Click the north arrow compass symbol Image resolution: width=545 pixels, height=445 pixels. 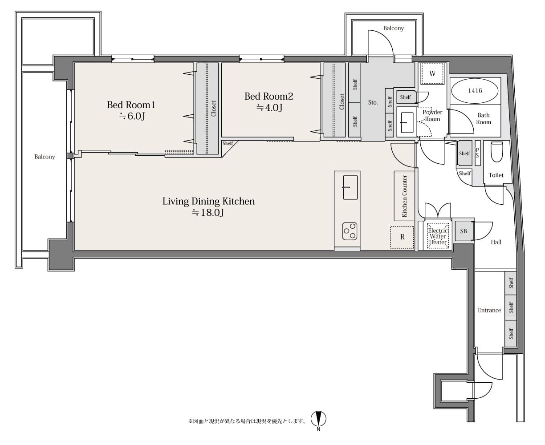pyautogui.click(x=318, y=419)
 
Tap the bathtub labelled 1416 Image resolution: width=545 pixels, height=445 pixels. pyautogui.click(x=475, y=91)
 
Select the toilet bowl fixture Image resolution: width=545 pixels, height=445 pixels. pyautogui.click(x=496, y=151)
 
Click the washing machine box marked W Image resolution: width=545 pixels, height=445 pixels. pyautogui.click(x=432, y=73)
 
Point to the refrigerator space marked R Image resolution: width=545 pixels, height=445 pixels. pyautogui.click(x=402, y=237)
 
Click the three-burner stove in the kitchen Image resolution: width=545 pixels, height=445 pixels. pyautogui.click(x=350, y=231)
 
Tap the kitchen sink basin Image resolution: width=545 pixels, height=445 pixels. pyautogui.click(x=350, y=187)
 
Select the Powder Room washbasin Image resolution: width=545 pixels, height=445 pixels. pyautogui.click(x=407, y=122)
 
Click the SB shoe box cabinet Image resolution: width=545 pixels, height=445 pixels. pyautogui.click(x=464, y=231)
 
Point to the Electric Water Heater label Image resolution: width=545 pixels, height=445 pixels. pyautogui.click(x=438, y=236)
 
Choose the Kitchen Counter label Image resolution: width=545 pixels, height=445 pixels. pyautogui.click(x=404, y=196)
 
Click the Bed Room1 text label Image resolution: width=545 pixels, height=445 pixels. pyautogui.click(x=131, y=105)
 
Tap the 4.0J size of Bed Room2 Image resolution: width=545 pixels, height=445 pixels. pyautogui.click(x=269, y=108)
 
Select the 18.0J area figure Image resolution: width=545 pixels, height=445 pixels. pyautogui.click(x=208, y=213)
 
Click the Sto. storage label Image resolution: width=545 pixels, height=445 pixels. pyautogui.click(x=373, y=102)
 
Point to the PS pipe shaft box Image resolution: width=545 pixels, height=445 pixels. pyautogui.click(x=478, y=153)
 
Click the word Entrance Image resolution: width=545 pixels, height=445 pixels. pyautogui.click(x=489, y=310)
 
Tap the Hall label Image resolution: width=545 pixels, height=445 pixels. pyautogui.click(x=496, y=242)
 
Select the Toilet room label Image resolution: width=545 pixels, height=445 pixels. pyautogui.click(x=496, y=175)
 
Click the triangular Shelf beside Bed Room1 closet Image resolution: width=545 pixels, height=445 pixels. pyautogui.click(x=228, y=146)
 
